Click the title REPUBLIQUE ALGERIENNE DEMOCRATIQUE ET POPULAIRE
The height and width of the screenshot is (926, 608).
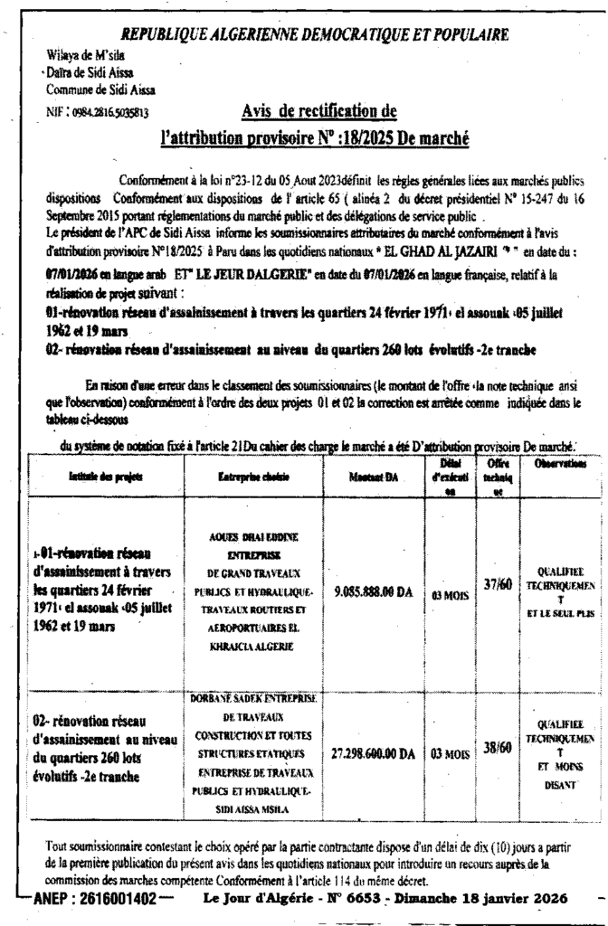314,34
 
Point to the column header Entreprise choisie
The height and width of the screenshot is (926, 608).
249,474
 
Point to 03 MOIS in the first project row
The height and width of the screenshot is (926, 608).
449,595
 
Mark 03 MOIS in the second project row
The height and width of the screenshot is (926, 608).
449,752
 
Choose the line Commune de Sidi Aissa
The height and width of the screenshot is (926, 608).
89,89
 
